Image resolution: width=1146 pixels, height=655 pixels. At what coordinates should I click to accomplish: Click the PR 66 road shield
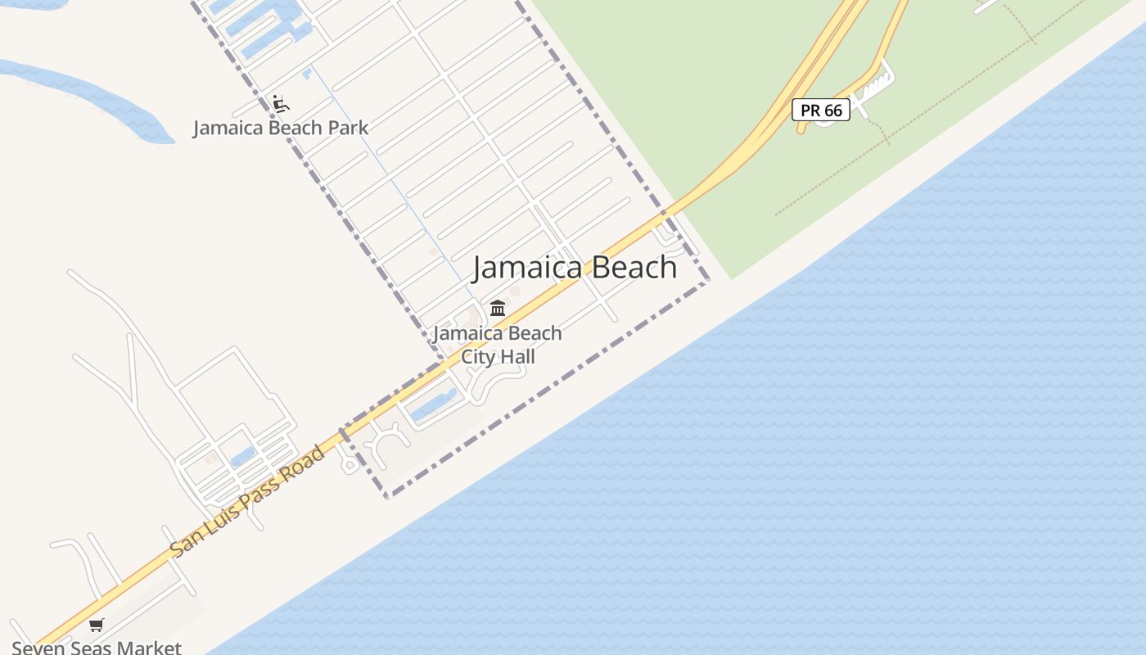(821, 110)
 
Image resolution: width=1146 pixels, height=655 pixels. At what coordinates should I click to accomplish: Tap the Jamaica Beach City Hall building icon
(498, 309)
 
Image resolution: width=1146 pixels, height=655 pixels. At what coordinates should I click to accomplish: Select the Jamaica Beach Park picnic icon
(281, 104)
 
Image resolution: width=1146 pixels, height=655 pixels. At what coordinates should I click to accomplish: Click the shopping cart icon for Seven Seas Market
(97, 626)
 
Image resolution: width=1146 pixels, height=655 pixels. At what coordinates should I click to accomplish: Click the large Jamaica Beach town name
(575, 268)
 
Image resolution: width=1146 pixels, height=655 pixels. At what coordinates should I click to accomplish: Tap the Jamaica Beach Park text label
(281, 128)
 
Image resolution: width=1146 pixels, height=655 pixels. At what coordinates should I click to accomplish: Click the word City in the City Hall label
(478, 357)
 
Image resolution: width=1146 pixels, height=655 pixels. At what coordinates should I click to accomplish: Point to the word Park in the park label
(348, 128)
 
